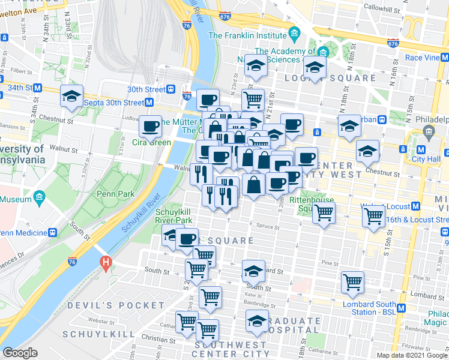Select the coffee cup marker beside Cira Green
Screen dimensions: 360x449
pyautogui.click(x=150, y=127)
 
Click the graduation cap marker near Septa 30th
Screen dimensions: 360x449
pyautogui.click(x=71, y=96)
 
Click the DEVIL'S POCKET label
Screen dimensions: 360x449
pyautogui.click(x=107, y=305)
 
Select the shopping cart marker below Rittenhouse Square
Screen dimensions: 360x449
pyautogui.click(x=324, y=212)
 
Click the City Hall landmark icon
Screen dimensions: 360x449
pyautogui.click(x=429, y=131)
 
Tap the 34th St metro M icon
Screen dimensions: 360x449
pyautogui.click(x=37, y=88)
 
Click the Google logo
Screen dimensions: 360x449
pyautogui.click(x=20, y=353)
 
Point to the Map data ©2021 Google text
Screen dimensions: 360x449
pyautogui.click(x=412, y=355)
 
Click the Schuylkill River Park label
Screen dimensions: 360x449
pyautogui.click(x=173, y=216)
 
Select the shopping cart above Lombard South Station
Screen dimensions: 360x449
pyautogui.click(x=352, y=282)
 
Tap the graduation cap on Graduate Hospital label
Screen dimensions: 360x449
pyautogui.click(x=258, y=321)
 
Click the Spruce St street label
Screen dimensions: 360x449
pyautogui.click(x=267, y=227)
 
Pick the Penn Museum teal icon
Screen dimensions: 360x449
pyautogui.click(x=40, y=197)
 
